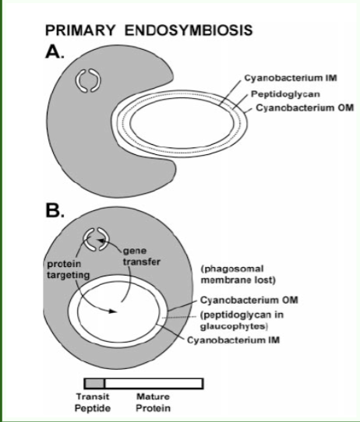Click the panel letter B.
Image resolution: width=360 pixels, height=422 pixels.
coord(57,209)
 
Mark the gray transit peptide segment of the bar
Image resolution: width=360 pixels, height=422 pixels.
coord(94,382)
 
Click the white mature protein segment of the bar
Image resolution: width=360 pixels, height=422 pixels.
coord(154,382)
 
